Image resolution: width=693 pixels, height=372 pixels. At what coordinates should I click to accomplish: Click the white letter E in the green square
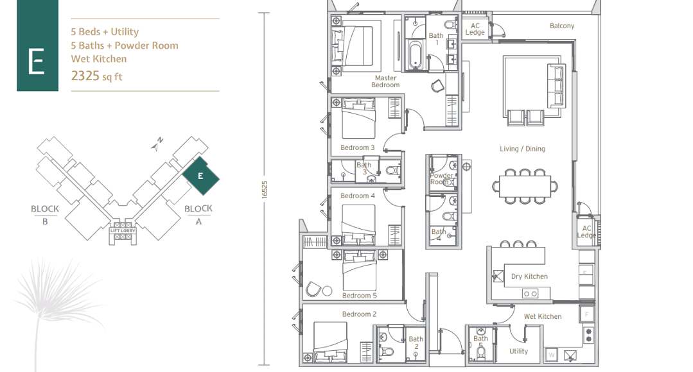[x=36, y=62]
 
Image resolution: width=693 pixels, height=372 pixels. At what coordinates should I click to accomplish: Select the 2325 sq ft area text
[x=97, y=76]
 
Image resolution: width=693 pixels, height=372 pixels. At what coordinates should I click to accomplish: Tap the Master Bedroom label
[x=385, y=81]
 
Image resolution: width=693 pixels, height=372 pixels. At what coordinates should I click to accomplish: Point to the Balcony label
[x=562, y=26]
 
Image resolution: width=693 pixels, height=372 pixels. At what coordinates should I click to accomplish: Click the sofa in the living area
[x=556, y=85]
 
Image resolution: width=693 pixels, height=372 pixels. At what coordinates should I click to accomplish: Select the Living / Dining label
[x=522, y=149]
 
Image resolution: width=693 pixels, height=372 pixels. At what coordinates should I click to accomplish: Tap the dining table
[x=525, y=186]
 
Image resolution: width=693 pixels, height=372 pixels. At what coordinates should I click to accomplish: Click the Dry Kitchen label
[x=529, y=276]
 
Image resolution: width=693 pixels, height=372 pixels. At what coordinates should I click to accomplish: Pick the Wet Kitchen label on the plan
[x=543, y=316]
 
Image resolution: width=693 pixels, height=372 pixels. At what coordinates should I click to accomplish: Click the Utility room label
[x=518, y=351]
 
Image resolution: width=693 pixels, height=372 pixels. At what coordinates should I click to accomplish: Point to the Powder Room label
[x=441, y=179]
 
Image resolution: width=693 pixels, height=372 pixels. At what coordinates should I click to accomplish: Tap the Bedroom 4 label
[x=358, y=196]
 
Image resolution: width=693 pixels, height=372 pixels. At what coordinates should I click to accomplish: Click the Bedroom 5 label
[x=360, y=296]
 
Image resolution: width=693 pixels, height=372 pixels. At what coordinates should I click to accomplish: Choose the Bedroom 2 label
[x=359, y=314]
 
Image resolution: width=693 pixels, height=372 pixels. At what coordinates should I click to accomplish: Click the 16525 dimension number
[x=264, y=190]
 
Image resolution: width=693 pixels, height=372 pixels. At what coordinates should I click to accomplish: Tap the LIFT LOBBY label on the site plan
[x=123, y=230]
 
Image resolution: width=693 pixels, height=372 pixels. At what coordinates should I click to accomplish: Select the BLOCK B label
[x=45, y=213]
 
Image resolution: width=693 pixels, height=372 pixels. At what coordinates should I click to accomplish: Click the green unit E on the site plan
[x=200, y=175]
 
